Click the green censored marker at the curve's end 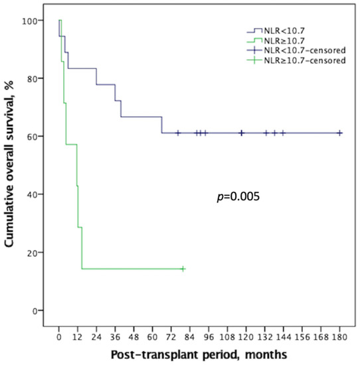(183, 269)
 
